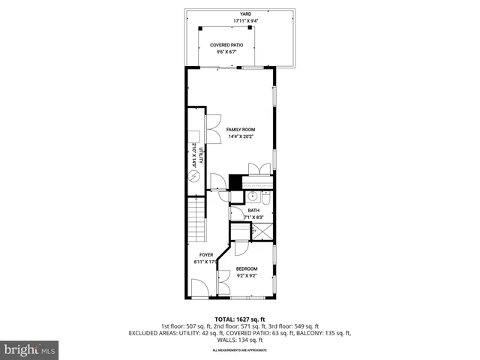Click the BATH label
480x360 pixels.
click(253, 211)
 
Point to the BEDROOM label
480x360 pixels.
click(247, 268)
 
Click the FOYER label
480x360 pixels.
click(206, 255)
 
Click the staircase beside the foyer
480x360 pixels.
click(196, 221)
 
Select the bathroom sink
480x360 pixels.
click(253, 197)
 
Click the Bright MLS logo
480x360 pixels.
click(30, 349)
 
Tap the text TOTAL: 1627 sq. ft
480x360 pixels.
click(240, 319)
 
